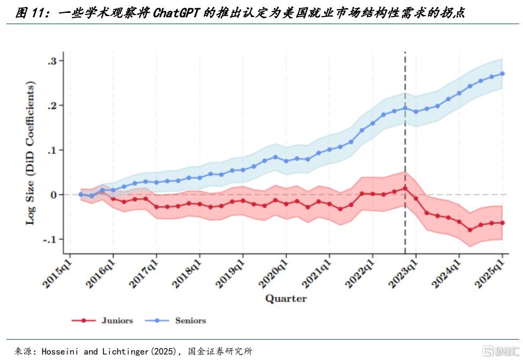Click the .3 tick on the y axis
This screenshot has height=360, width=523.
click(x=52, y=61)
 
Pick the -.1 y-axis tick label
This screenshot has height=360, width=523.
click(x=50, y=239)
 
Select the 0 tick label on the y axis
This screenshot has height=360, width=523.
click(x=54, y=194)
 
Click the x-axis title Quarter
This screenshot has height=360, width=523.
click(x=286, y=298)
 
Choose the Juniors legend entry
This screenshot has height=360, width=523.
click(x=117, y=320)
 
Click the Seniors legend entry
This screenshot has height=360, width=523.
click(x=190, y=320)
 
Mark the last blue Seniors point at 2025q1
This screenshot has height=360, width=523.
click(x=503, y=73)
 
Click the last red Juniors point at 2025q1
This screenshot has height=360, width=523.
click(x=503, y=223)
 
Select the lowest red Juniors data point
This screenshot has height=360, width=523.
click(x=470, y=230)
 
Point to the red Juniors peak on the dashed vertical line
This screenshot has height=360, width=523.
click(x=405, y=188)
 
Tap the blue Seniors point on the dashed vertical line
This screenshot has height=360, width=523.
click(x=405, y=108)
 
